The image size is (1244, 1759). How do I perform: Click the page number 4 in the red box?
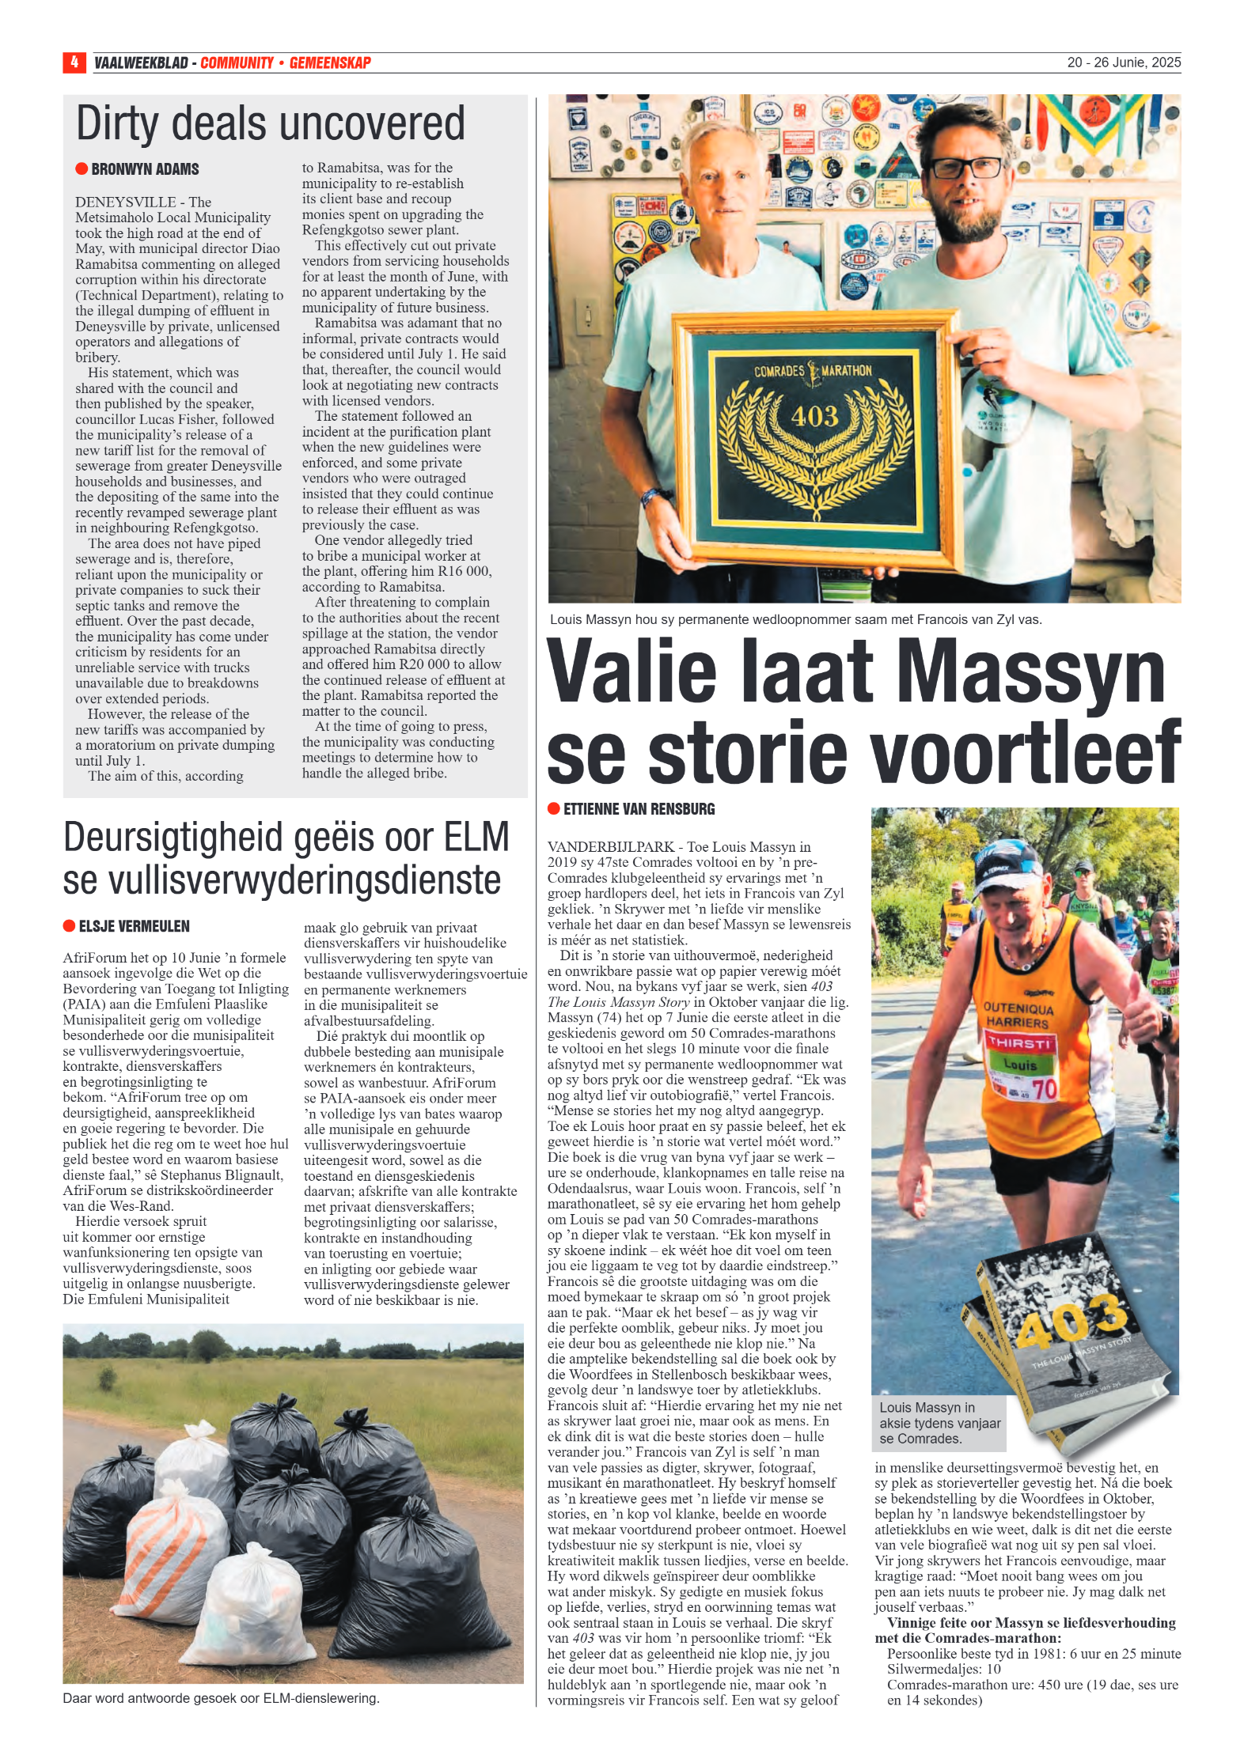point(74,62)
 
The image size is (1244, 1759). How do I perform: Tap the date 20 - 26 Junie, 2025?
point(1123,62)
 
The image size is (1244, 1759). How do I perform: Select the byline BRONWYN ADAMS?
point(145,169)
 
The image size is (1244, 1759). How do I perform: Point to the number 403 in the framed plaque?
point(814,416)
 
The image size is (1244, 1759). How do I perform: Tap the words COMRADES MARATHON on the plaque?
point(813,371)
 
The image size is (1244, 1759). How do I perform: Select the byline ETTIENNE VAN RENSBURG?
point(639,809)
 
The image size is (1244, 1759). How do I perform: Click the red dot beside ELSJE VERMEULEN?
point(69,926)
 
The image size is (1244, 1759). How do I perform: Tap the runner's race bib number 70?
point(1045,1091)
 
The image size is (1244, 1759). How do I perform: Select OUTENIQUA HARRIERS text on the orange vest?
point(1018,1015)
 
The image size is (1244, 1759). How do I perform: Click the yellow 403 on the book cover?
point(1072,1322)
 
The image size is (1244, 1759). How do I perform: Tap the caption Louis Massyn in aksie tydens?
point(939,1423)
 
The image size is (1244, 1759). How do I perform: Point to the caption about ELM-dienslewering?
point(221,1698)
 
